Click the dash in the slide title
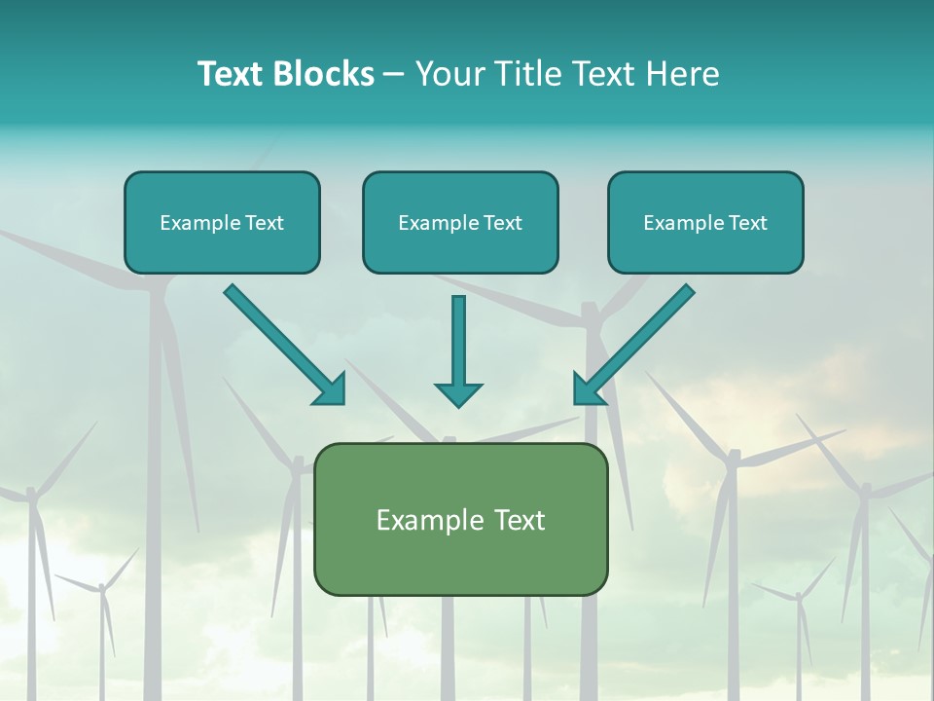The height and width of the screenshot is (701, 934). click(x=394, y=75)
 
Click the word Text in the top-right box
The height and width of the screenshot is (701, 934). click(x=747, y=223)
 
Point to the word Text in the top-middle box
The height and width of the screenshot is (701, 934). click(x=502, y=223)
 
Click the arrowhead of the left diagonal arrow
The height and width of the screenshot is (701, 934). click(x=331, y=389)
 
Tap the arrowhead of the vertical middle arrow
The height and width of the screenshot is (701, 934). click(x=458, y=394)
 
